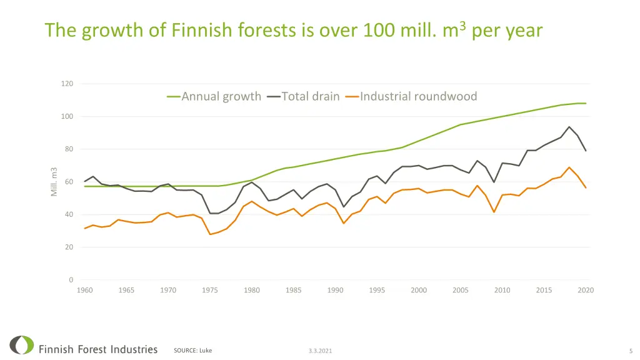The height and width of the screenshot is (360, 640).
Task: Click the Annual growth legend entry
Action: pyautogui.click(x=221, y=96)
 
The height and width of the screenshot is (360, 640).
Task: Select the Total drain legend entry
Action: pyautogui.click(x=310, y=96)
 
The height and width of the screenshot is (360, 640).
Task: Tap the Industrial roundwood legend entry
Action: pyautogui.click(x=418, y=96)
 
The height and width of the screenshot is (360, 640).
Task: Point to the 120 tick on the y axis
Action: pyautogui.click(x=67, y=84)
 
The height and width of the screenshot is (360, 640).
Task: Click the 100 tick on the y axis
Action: pyautogui.click(x=67, y=117)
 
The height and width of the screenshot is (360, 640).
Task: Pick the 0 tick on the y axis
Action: pyautogui.click(x=71, y=280)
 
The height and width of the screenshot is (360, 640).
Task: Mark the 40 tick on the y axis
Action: pyautogui.click(x=68, y=215)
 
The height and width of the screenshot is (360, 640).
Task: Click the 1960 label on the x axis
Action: pyautogui.click(x=84, y=290)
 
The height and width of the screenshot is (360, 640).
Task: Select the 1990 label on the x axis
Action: pyautogui.click(x=335, y=290)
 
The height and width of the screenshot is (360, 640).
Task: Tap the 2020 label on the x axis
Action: pyautogui.click(x=586, y=290)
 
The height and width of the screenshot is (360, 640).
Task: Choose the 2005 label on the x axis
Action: pyautogui.click(x=461, y=290)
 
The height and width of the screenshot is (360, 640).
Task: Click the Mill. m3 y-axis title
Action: pyautogui.click(x=54, y=182)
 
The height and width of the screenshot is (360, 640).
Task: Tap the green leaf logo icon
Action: pyautogui.click(x=22, y=346)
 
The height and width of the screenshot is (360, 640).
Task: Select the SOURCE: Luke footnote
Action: pyautogui.click(x=192, y=351)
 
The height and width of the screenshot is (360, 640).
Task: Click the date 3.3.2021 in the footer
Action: pyautogui.click(x=320, y=351)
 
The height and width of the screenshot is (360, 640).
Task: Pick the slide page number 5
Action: pyautogui.click(x=631, y=351)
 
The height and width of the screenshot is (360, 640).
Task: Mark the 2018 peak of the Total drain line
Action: pyautogui.click(x=569, y=127)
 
